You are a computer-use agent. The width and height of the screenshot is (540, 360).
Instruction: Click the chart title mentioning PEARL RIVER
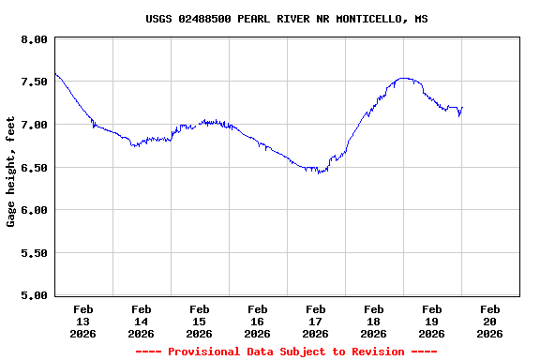(x=287, y=19)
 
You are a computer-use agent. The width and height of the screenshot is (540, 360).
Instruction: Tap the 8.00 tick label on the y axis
(x=34, y=39)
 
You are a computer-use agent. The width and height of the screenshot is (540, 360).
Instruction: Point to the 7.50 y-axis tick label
(x=34, y=82)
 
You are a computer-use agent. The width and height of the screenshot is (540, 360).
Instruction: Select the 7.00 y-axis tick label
(x=34, y=125)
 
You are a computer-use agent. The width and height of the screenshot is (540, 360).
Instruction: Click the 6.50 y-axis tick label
(x=34, y=168)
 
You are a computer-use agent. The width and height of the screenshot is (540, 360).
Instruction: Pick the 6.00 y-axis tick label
(x=34, y=210)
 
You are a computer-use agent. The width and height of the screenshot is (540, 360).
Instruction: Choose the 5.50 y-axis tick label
(x=34, y=253)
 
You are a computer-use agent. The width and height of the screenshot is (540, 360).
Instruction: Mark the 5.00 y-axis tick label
(x=34, y=295)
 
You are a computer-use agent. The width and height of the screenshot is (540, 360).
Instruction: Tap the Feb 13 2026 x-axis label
(x=83, y=321)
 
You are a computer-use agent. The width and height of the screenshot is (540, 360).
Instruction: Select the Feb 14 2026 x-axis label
(x=142, y=321)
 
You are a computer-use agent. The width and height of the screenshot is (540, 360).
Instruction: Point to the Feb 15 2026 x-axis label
(x=200, y=321)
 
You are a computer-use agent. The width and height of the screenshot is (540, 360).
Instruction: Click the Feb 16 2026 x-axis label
(x=258, y=321)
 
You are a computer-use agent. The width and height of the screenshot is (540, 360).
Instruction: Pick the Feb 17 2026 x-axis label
(x=316, y=321)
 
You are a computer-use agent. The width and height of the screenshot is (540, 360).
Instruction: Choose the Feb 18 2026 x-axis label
(x=374, y=321)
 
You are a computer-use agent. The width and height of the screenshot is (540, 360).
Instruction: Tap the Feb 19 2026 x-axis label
(x=432, y=321)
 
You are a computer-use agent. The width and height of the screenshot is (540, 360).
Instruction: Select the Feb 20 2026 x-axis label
(x=490, y=321)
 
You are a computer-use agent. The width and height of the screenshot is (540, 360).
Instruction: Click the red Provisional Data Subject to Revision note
(x=286, y=352)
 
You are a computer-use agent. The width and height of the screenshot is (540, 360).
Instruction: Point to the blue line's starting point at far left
(x=55, y=73)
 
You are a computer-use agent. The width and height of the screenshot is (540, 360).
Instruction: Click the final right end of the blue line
(x=462, y=107)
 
